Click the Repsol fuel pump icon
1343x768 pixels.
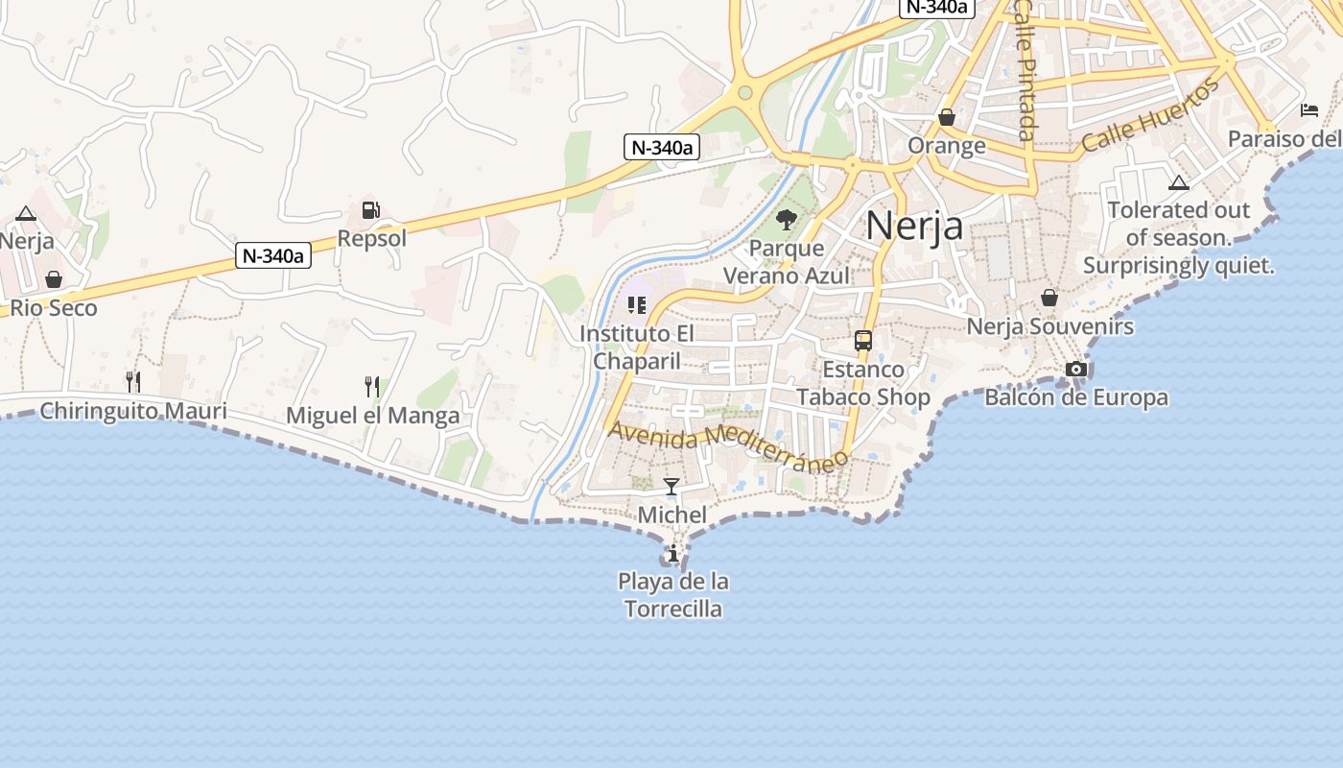point(370,210)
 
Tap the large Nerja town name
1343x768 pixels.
point(914,225)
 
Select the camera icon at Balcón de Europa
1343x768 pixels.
point(1076,370)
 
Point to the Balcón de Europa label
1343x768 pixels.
point(1076,397)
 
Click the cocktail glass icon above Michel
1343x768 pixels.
point(671,487)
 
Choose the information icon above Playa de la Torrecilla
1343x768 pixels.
point(673,554)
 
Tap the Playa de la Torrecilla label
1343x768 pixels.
point(673,595)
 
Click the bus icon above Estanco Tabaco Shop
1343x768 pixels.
point(863,341)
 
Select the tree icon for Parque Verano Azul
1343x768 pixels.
point(787,220)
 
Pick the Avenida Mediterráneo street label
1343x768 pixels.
point(729,444)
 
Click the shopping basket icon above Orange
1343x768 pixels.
point(947,117)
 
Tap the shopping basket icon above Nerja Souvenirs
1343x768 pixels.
point(1049,298)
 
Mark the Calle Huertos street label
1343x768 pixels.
point(1150,115)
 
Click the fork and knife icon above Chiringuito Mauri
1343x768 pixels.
point(133,382)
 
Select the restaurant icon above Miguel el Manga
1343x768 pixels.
point(372,387)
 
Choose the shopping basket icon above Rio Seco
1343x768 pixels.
point(54,279)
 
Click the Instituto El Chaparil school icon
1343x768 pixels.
point(636,305)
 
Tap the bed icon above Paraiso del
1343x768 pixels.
point(1309,110)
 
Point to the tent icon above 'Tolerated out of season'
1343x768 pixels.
point(1178,182)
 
